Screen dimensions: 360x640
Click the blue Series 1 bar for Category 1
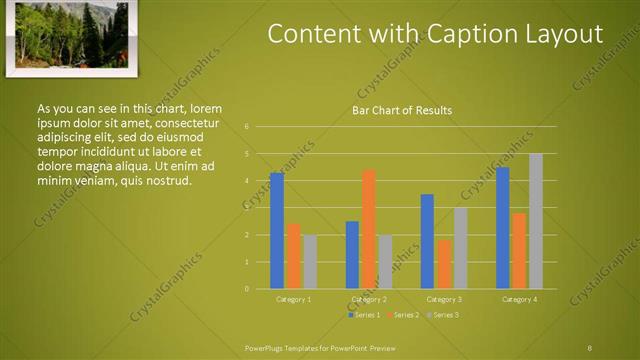point(277,231)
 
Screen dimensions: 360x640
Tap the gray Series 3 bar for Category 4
point(536,221)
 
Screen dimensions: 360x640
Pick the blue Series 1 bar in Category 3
point(427,241)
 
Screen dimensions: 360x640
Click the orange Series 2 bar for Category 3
point(444,264)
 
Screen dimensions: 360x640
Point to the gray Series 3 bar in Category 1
point(310,262)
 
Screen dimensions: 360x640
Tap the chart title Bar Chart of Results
point(402,110)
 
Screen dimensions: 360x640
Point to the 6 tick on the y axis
point(246,127)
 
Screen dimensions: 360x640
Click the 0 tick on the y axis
point(246,289)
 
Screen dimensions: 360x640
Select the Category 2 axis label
point(369,300)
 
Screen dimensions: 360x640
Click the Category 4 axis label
point(519,300)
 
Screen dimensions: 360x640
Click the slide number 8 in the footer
point(589,347)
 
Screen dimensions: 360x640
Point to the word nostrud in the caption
point(166,180)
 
